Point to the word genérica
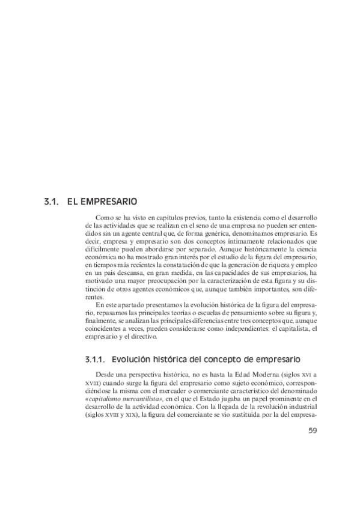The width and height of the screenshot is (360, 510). [x=209, y=232]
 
